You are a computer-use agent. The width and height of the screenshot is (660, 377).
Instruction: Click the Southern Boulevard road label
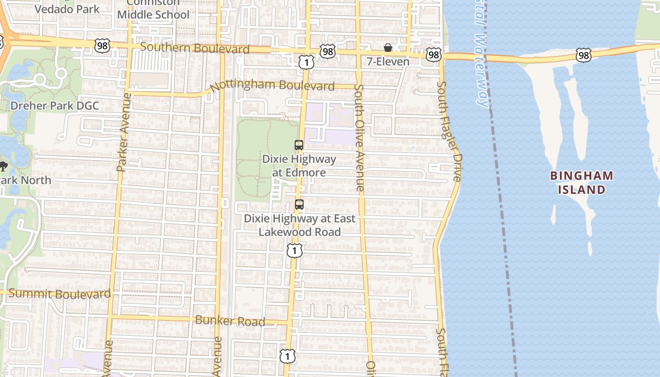click(x=195, y=48)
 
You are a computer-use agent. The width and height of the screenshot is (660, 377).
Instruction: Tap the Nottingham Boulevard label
click(x=272, y=86)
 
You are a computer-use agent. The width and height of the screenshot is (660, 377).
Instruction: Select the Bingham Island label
click(x=582, y=183)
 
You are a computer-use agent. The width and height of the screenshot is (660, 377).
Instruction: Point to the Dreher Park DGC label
click(x=55, y=105)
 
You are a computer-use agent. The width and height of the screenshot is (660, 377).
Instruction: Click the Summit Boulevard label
click(x=60, y=294)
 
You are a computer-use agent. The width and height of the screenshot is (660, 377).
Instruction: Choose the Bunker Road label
click(x=230, y=321)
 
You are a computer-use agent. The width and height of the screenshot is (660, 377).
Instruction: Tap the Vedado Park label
click(x=67, y=9)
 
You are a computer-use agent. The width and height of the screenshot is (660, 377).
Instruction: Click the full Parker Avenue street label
click(x=122, y=132)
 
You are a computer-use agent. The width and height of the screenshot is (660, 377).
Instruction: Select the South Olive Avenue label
click(x=360, y=138)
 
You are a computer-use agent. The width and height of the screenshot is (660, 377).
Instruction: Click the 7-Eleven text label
click(x=388, y=61)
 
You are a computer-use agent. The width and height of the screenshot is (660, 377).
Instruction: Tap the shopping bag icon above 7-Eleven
click(x=388, y=48)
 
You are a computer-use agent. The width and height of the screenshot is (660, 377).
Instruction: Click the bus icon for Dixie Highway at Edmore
click(x=298, y=145)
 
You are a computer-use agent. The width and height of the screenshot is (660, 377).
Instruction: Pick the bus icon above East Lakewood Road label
click(x=299, y=205)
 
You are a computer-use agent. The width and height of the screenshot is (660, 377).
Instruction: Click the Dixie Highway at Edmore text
click(x=299, y=166)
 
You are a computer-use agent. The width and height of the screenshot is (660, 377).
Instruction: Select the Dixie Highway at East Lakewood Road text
click(x=299, y=225)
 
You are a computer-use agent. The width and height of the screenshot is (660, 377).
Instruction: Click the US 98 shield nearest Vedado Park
click(x=101, y=45)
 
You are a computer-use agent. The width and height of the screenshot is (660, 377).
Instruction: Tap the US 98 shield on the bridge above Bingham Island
click(x=584, y=55)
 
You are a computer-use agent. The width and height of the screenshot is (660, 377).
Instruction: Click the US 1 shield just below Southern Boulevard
click(x=306, y=62)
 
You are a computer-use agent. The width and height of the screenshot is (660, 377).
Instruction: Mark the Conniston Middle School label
click(x=153, y=9)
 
